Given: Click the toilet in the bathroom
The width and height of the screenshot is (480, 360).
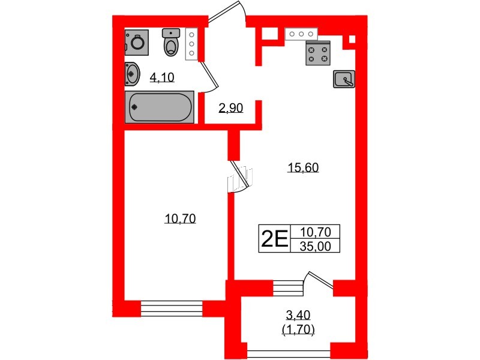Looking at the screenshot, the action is click(171, 42).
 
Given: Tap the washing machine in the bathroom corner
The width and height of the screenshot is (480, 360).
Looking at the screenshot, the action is click(137, 42).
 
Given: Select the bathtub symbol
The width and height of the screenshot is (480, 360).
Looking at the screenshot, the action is click(159, 107).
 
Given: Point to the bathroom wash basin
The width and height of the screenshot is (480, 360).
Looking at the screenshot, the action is click(132, 74).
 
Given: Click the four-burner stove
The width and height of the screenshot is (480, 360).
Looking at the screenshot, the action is click(318, 53).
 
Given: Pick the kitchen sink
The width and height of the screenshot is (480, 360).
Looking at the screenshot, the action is click(344, 79).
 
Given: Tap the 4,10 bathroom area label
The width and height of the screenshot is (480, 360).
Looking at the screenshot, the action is click(162, 77).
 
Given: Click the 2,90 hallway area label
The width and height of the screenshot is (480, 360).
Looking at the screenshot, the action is click(231, 108).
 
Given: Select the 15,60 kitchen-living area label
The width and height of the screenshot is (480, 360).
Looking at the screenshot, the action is click(303, 167).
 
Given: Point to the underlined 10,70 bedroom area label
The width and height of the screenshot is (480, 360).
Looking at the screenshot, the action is click(181, 218).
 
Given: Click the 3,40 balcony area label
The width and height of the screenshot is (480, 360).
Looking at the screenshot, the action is click(298, 314).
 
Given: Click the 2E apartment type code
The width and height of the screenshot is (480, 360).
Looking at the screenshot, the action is click(274, 239).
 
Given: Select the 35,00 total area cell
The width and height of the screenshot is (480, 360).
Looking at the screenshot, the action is click(316, 246).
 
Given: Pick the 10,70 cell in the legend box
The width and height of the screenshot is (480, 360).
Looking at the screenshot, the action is click(316, 232).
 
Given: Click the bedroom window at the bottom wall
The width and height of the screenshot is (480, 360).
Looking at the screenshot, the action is click(172, 308).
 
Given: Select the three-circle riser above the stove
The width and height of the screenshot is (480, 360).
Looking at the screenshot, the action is click(301, 34).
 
